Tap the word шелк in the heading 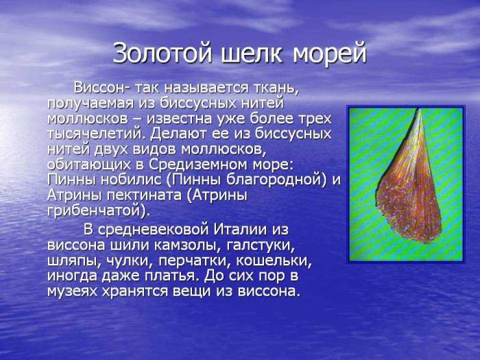click(x=256, y=53)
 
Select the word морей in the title click(x=330, y=53)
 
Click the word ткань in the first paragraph click(x=274, y=89)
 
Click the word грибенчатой click(x=95, y=211)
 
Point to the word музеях click(x=75, y=291)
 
